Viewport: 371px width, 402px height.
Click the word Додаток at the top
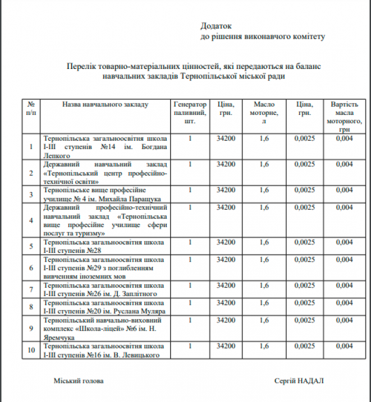point(216,26)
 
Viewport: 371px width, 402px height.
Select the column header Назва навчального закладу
point(105,105)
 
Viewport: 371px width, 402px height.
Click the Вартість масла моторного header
point(344,117)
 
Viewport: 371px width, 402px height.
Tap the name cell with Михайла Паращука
point(105,194)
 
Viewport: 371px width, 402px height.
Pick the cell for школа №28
point(105,246)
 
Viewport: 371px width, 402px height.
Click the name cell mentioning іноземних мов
point(105,268)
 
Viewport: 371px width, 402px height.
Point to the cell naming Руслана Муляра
point(105,307)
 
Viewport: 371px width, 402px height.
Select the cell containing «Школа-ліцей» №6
point(105,328)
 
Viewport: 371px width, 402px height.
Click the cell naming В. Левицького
point(105,350)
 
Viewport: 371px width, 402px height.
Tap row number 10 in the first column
point(31,350)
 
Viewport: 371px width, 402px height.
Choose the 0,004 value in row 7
point(344,285)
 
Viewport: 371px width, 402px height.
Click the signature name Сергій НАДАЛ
point(299,381)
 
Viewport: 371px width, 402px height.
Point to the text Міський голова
point(79,381)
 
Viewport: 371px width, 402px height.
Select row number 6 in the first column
point(31,268)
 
